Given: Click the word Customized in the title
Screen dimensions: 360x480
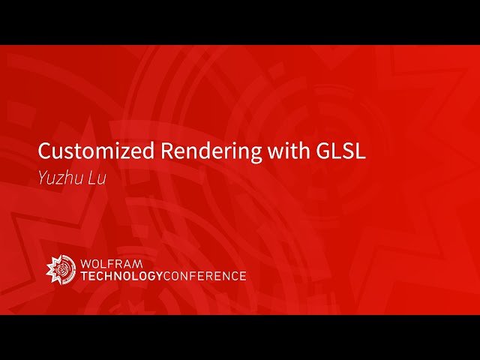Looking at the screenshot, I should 97,151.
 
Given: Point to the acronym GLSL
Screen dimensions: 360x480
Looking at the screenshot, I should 338,150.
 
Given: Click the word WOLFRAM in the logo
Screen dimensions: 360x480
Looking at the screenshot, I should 111,264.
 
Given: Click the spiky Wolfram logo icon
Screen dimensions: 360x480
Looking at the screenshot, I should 61,270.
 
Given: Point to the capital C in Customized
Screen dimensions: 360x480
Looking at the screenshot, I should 45,150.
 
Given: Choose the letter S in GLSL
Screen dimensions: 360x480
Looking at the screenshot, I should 347,150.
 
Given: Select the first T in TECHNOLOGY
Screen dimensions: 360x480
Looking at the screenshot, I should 84,276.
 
